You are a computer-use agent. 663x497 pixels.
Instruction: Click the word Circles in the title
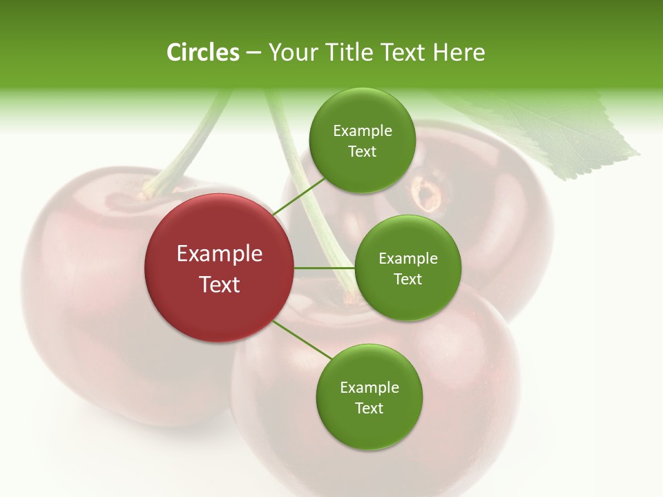tap(202, 52)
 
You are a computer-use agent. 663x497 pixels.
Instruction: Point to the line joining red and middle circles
tap(324, 268)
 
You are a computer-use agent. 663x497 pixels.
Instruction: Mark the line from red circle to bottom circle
tap(302, 340)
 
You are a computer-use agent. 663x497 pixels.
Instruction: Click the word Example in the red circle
tap(220, 254)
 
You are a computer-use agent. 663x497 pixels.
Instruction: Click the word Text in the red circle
tap(220, 284)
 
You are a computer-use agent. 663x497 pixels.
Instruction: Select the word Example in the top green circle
tap(362, 131)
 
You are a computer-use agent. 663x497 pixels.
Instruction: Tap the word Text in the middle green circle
tap(407, 280)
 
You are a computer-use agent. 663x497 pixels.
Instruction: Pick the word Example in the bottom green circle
tap(369, 388)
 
